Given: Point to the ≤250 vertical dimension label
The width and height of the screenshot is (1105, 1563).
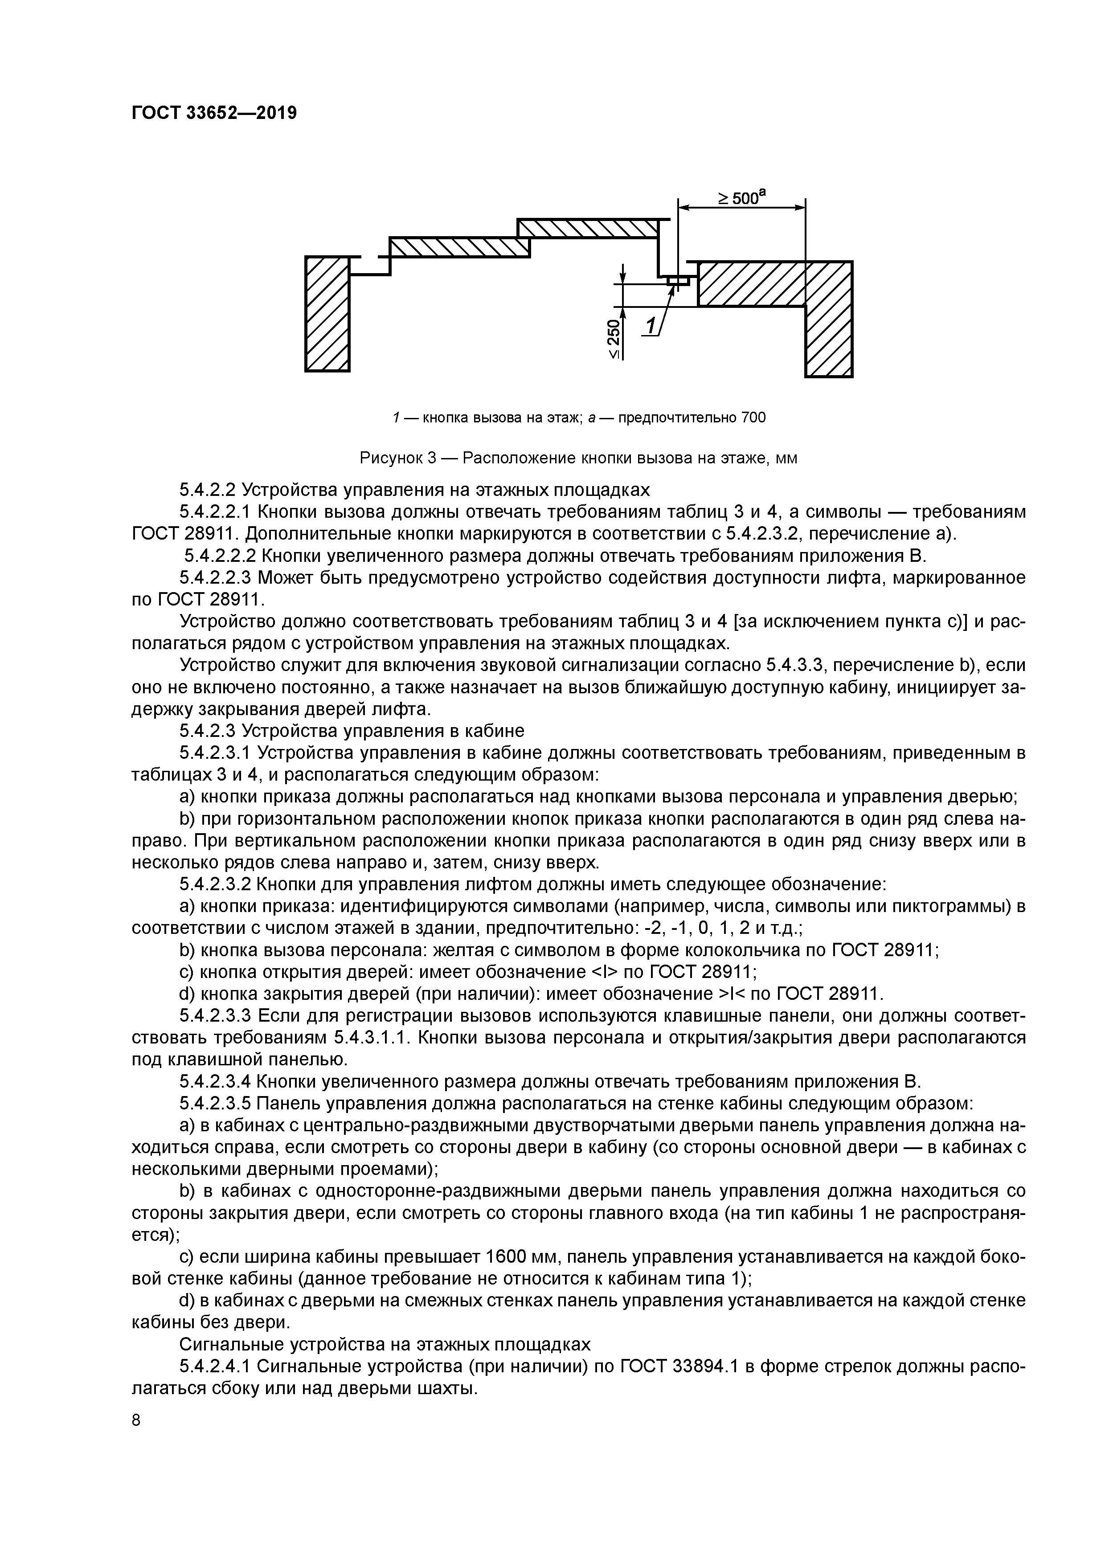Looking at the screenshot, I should point(614,338).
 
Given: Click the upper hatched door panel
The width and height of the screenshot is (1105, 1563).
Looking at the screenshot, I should point(588,228).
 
